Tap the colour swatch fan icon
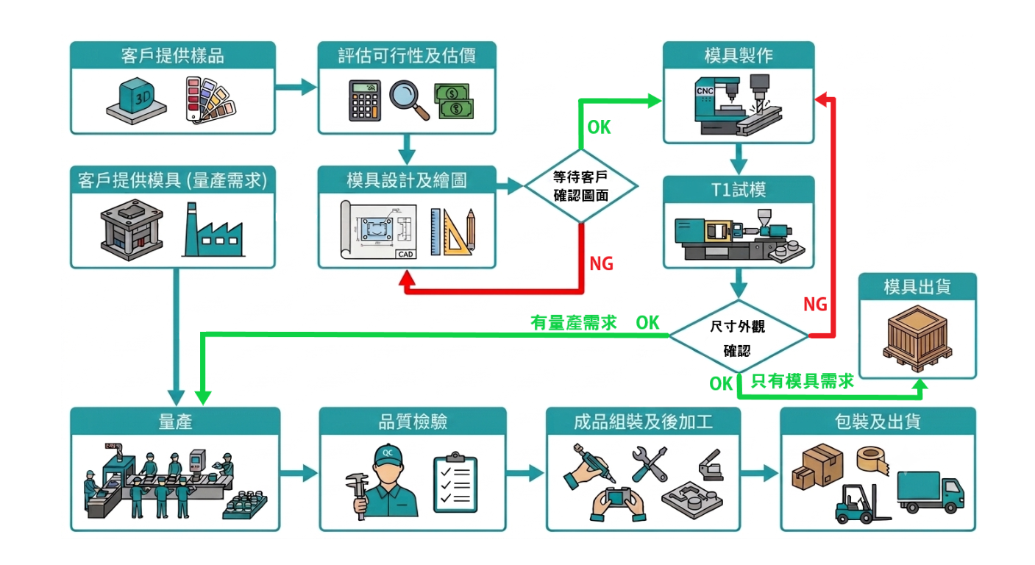(x=210, y=100)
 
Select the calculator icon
(x=365, y=100)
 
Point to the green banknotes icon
(x=454, y=101)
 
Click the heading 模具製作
(x=739, y=55)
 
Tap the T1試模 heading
(x=739, y=189)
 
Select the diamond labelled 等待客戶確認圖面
(x=581, y=186)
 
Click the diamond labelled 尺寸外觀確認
(x=739, y=336)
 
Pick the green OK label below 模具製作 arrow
(x=599, y=127)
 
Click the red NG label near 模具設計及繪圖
(x=601, y=263)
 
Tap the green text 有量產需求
(x=574, y=322)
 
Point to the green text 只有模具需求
(x=803, y=381)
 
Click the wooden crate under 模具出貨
(x=917, y=338)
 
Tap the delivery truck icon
(x=930, y=492)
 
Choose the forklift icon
(x=861, y=504)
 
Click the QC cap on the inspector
(x=388, y=455)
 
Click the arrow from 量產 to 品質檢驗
(x=299, y=472)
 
